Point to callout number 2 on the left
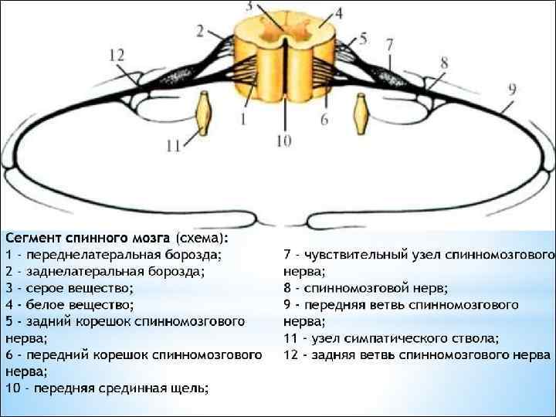click(x=201, y=31)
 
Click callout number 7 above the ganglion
click(x=390, y=44)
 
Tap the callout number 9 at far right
click(x=513, y=89)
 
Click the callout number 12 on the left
click(x=116, y=55)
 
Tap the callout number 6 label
click(x=325, y=120)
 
